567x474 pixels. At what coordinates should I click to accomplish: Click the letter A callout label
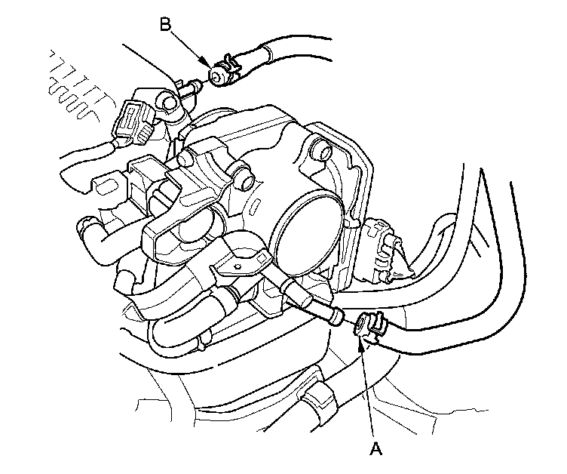click(376, 449)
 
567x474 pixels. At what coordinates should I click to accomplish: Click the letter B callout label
click(165, 25)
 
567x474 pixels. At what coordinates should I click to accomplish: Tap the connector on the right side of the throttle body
click(383, 250)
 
